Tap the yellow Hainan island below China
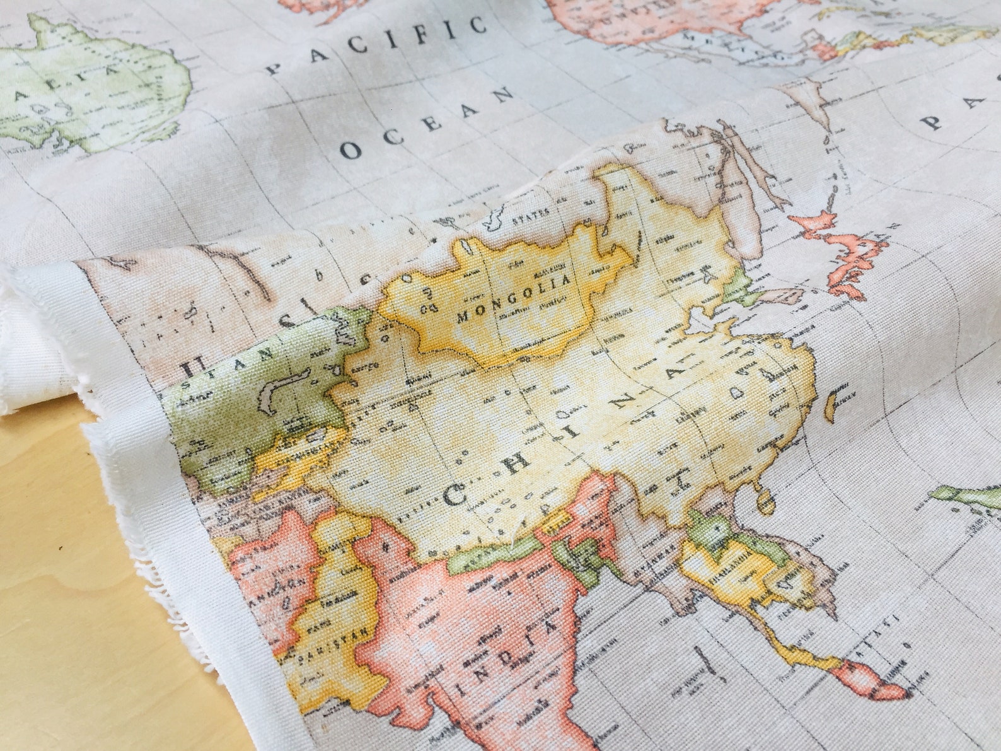(765, 501)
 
